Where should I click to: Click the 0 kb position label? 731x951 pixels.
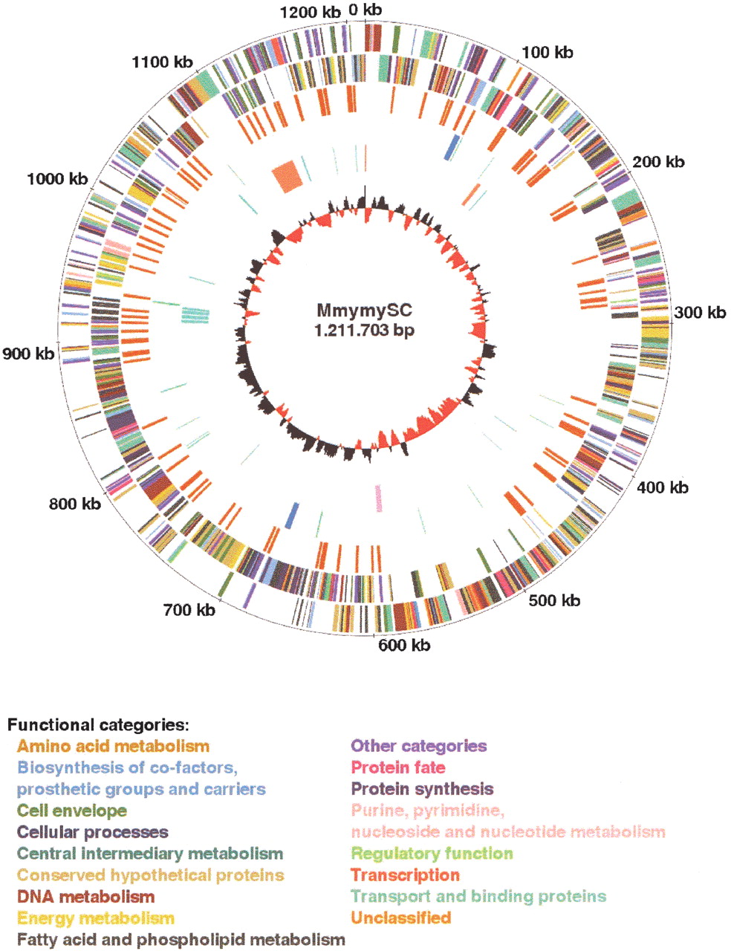click(365, 10)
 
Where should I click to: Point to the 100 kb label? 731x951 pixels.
click(548, 53)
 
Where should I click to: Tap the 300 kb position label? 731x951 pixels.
click(700, 313)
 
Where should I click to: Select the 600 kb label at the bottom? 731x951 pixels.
click(404, 645)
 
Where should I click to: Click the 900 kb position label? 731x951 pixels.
click(28, 353)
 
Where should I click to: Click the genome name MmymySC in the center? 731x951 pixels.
click(364, 311)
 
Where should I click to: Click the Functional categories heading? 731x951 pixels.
click(98, 725)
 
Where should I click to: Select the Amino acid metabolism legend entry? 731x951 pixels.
click(114, 746)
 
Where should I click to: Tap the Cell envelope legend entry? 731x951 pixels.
click(72, 811)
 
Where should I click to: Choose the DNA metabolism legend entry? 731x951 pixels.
click(85, 897)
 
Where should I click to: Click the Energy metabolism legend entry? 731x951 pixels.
click(96, 918)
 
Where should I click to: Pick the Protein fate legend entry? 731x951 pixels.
click(398, 767)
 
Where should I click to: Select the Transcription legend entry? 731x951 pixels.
click(406, 875)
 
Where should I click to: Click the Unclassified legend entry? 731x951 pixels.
click(401, 918)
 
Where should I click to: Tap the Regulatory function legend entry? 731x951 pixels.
click(432, 854)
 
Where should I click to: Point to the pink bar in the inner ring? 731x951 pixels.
click(379, 498)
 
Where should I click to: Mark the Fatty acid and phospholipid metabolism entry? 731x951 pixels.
click(181, 940)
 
